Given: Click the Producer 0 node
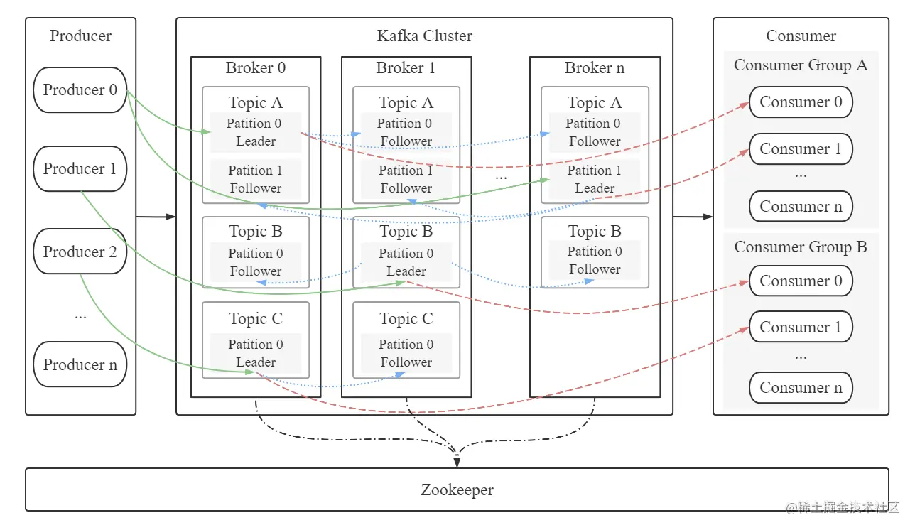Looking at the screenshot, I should click(x=80, y=90).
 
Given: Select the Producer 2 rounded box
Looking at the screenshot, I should click(x=80, y=252).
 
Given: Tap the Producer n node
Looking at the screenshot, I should click(x=80, y=364).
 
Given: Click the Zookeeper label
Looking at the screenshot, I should click(x=457, y=490).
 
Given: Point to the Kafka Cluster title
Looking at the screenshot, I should click(x=424, y=36).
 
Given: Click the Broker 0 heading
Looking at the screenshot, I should click(x=256, y=68).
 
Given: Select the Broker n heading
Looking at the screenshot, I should click(x=595, y=68).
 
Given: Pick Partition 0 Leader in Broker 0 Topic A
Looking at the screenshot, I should click(x=255, y=132).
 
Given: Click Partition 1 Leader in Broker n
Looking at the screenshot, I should click(x=595, y=179).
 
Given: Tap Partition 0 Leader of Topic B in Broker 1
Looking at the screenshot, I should click(x=406, y=262).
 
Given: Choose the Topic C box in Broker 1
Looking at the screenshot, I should click(x=406, y=340).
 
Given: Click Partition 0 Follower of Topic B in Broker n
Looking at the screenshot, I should click(x=595, y=260).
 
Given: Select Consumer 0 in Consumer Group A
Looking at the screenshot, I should click(x=801, y=102).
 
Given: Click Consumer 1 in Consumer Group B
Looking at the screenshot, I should click(x=801, y=328).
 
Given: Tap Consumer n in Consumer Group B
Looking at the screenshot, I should click(x=801, y=388).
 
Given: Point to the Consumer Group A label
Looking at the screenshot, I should click(x=801, y=65).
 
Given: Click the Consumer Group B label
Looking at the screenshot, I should click(x=801, y=247).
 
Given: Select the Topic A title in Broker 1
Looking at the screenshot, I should click(x=406, y=103).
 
